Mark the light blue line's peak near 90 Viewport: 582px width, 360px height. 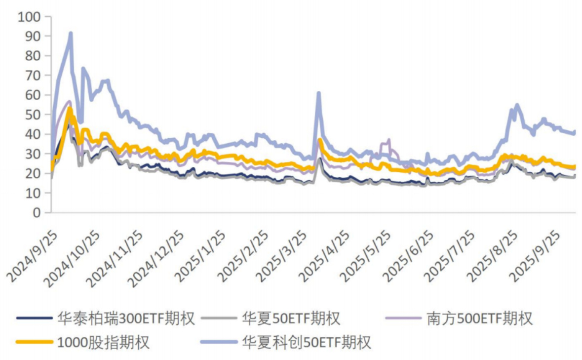tap(71, 34)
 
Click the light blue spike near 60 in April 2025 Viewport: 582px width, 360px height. tap(318, 93)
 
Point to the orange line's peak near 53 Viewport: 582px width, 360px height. tap(70, 108)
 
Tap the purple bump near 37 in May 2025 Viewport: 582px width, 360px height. tap(389, 140)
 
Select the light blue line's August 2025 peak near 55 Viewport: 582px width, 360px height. tap(517, 105)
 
